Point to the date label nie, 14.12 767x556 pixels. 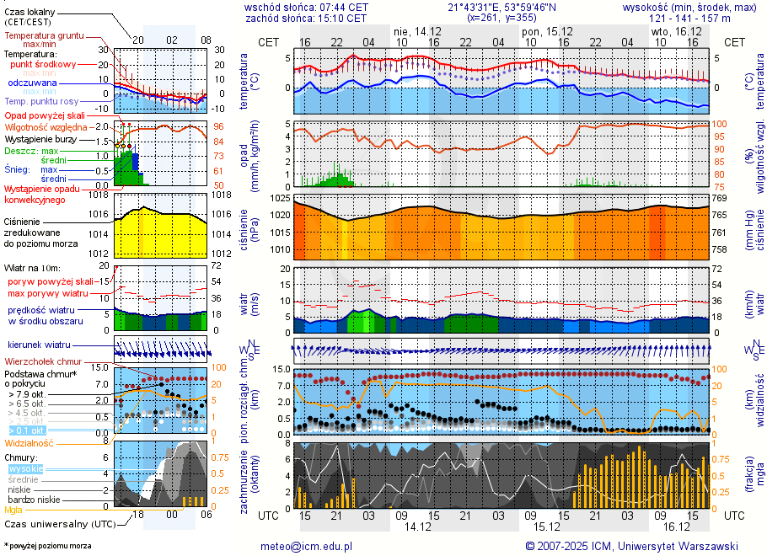416,31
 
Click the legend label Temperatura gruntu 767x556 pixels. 44,36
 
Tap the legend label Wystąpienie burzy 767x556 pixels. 40,138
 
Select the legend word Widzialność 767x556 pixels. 29,442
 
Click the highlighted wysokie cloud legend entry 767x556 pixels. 25,468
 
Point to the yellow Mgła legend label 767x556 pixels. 13,510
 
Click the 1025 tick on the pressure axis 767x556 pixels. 279,198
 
